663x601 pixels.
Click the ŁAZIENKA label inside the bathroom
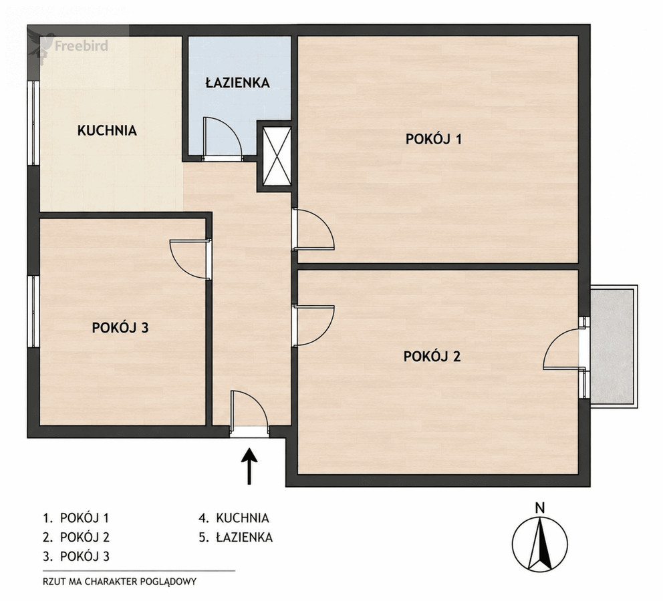[x=238, y=82]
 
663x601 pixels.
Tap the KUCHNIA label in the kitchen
[x=107, y=130]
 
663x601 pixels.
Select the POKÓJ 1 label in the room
[x=433, y=139]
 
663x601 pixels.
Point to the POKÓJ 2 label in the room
[x=432, y=357]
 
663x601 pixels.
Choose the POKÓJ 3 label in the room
[x=120, y=328]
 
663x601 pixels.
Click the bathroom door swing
[x=223, y=139]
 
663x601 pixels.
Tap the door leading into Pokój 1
[x=313, y=230]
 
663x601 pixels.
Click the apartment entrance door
[x=250, y=412]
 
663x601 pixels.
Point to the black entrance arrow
[x=249, y=466]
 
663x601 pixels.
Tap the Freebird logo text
[x=81, y=45]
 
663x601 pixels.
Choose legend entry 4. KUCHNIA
[x=234, y=518]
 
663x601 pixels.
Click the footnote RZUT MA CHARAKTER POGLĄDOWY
[x=120, y=582]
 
